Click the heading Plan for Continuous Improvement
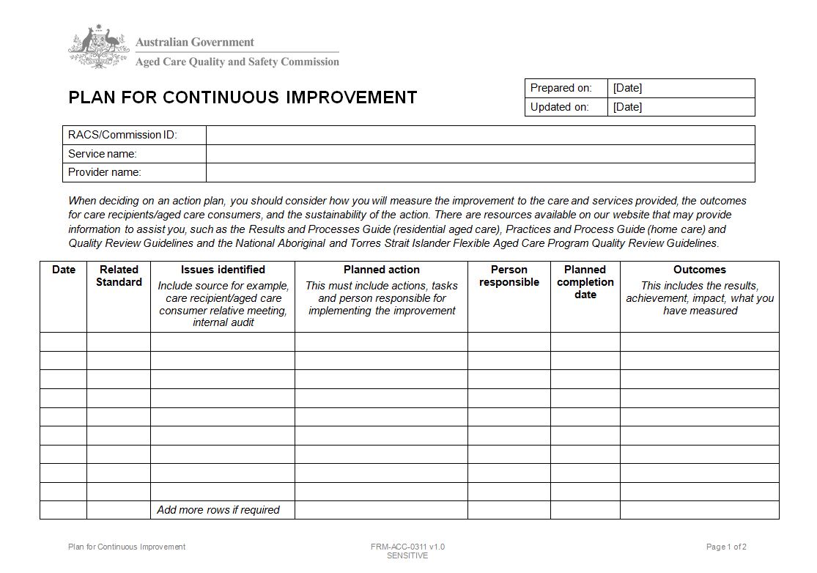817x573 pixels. point(243,97)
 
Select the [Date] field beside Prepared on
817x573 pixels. point(681,88)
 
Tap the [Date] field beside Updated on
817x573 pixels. point(681,107)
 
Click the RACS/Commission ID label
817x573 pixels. point(122,135)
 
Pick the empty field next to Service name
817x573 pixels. point(480,154)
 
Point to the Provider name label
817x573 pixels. point(105,172)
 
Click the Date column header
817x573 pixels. point(64,270)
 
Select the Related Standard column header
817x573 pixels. point(119,276)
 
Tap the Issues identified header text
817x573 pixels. point(223,270)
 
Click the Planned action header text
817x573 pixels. point(381,270)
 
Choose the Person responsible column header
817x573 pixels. point(509,276)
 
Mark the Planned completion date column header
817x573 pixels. point(585,282)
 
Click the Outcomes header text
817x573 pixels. point(699,270)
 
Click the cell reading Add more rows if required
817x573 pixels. point(218,510)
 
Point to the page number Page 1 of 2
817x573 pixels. point(726,547)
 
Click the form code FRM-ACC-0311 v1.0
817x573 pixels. point(407,547)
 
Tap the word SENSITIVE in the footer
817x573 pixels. point(407,555)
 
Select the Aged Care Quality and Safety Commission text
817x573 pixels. point(237,62)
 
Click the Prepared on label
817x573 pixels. point(561,88)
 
